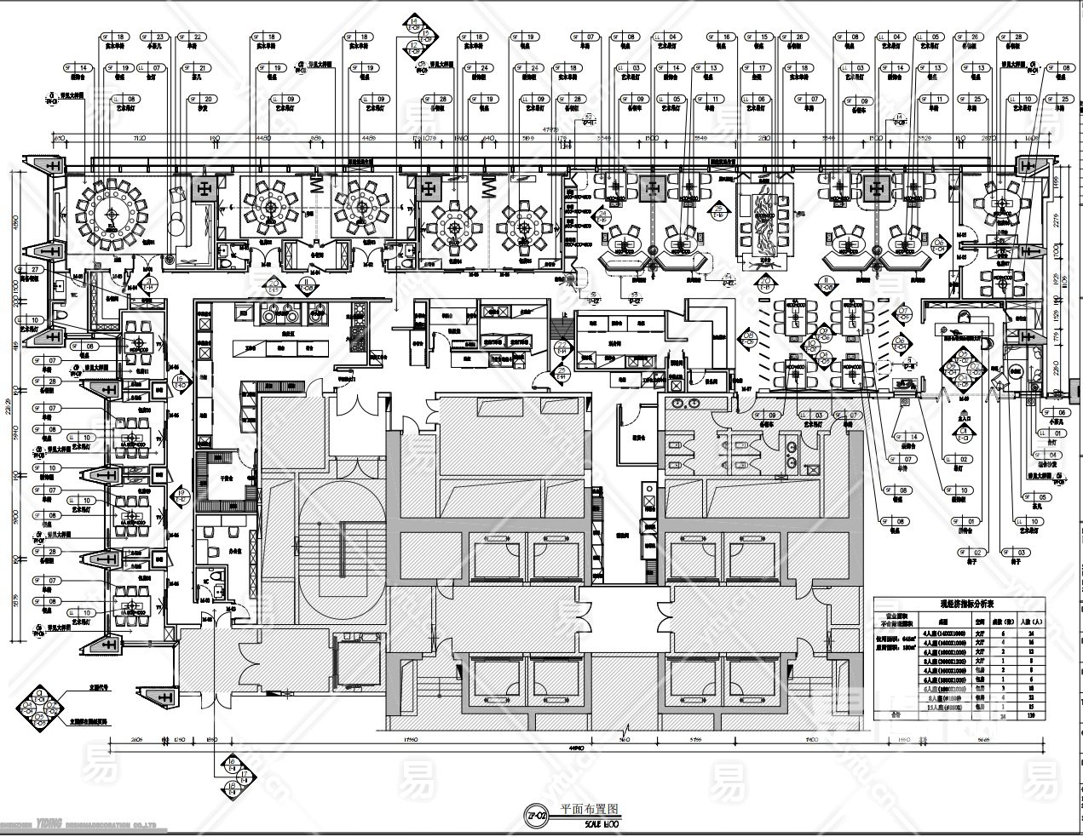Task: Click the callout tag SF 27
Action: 34,269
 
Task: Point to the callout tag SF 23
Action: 156,37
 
